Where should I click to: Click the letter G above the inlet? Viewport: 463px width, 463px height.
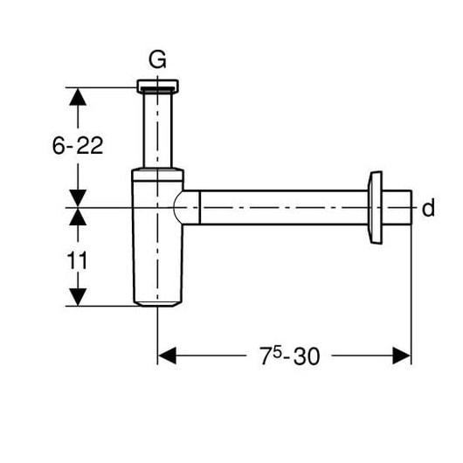157,59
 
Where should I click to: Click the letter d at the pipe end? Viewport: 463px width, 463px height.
428,208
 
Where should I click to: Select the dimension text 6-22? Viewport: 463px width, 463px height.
78,145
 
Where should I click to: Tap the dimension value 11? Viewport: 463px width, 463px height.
78,260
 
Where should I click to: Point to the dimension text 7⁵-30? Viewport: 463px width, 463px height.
290,356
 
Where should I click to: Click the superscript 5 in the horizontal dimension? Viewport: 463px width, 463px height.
276,351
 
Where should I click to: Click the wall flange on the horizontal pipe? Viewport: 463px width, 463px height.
375,208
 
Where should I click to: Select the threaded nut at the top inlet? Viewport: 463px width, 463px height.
157,86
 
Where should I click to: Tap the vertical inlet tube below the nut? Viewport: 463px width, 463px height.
157,130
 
